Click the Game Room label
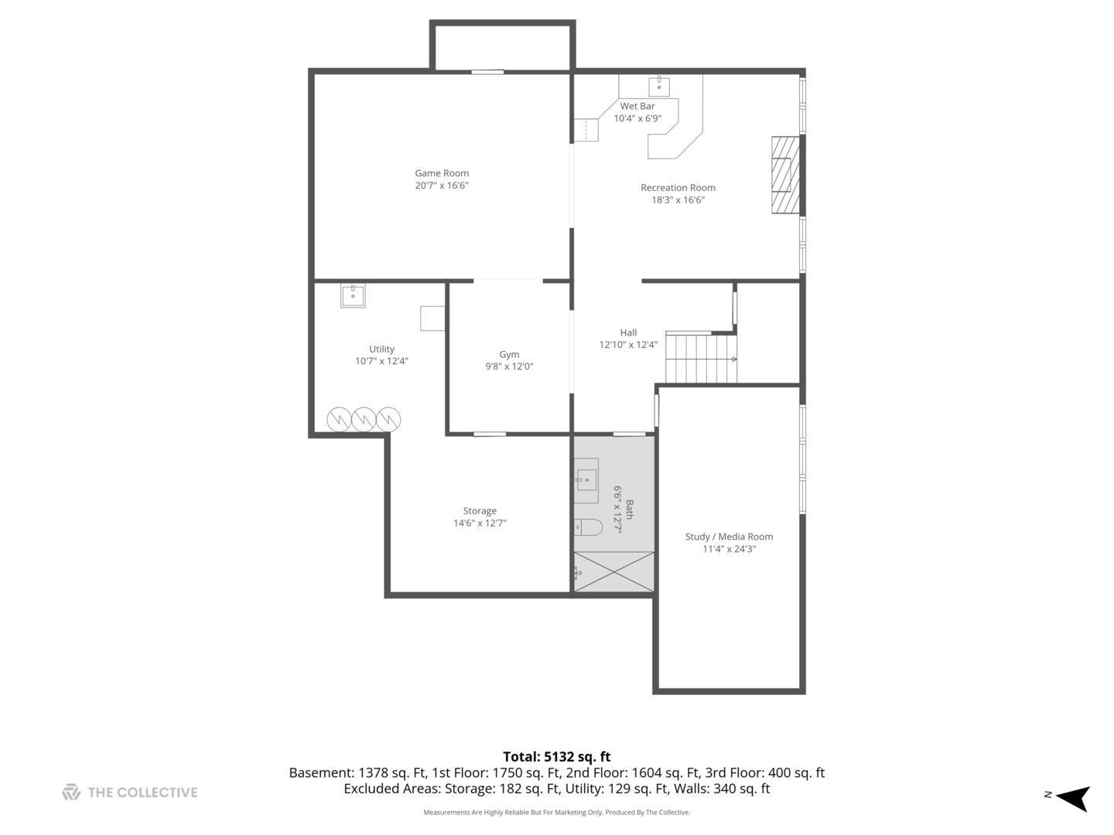[442, 173]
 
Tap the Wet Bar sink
[659, 87]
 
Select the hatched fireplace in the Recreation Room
[786, 175]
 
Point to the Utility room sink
[353, 295]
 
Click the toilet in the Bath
[588, 527]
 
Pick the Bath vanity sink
[586, 480]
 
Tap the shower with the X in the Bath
[613, 572]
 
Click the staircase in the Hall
[702, 357]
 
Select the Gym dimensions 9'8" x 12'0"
[509, 366]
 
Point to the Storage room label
[480, 511]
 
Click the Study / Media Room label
[729, 537]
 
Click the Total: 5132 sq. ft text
[557, 756]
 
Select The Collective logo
[130, 792]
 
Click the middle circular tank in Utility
[364, 419]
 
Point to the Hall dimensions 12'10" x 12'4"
[628, 345]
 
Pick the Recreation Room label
[678, 188]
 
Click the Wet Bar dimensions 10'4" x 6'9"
[637, 118]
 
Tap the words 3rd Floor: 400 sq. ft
[765, 772]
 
